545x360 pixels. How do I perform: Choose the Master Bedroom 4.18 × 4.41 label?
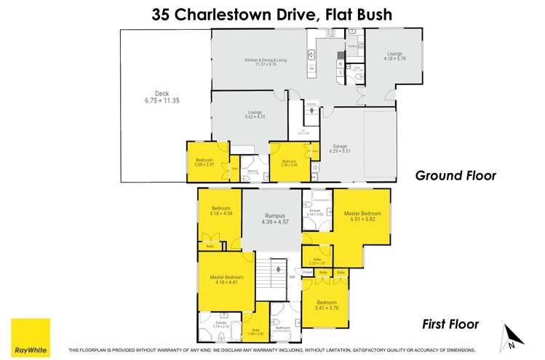(x=227, y=280)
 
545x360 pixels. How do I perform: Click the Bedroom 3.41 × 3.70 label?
(x=327, y=305)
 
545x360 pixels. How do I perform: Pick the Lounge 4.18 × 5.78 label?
(x=395, y=57)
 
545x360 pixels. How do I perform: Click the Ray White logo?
(x=31, y=337)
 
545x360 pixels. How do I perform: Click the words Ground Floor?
(x=455, y=175)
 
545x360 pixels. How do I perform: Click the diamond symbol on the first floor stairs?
(x=277, y=270)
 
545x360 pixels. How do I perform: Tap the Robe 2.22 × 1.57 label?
(x=317, y=261)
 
